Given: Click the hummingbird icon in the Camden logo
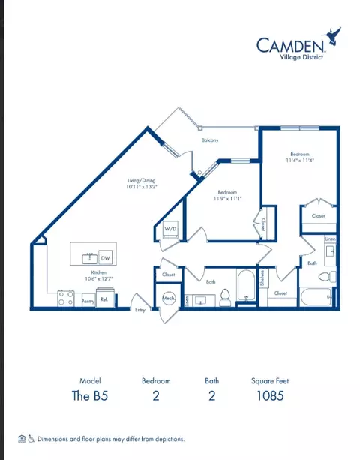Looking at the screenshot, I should (332, 35).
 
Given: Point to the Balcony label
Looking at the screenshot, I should (210, 140).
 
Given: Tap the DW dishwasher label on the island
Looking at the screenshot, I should (105, 257).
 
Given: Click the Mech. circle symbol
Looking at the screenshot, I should (169, 298).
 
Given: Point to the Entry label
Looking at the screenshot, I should (140, 310).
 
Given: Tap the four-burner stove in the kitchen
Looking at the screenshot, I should (65, 299).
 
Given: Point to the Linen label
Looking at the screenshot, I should (330, 239).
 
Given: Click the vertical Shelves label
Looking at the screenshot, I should (262, 279).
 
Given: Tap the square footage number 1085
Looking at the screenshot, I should (268, 397).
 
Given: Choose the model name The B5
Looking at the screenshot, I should (90, 397).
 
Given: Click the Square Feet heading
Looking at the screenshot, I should (268, 381).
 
